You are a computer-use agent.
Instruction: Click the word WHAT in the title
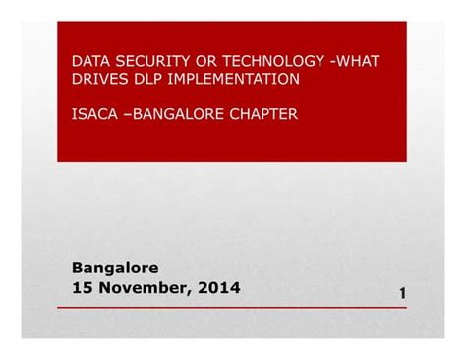359,61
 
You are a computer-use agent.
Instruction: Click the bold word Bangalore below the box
115,268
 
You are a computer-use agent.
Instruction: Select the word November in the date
144,287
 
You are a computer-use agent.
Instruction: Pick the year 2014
218,287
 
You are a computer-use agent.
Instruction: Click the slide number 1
403,294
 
